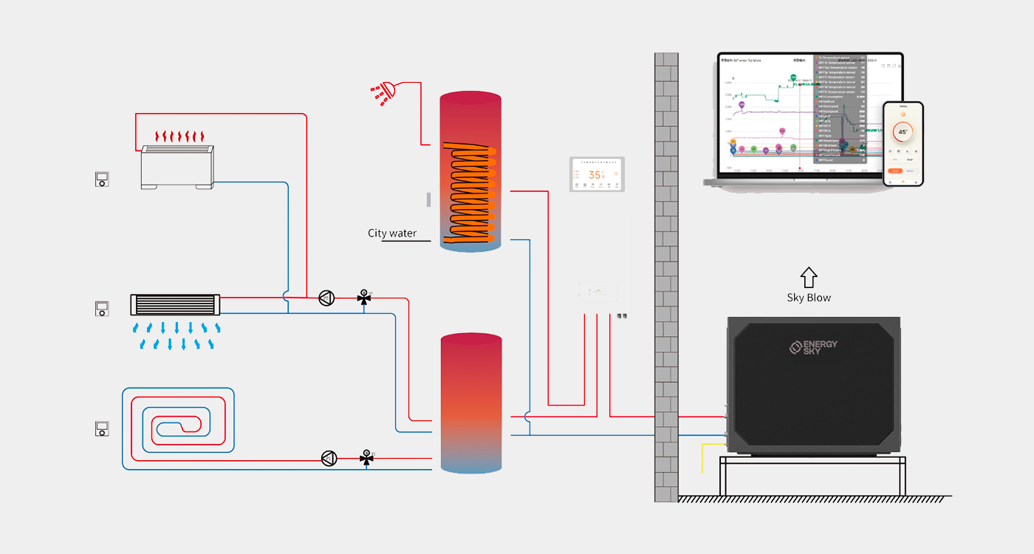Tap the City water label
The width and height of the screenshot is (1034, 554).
(392, 233)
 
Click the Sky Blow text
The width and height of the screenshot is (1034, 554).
(809, 298)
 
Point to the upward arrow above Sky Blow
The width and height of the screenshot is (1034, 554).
(809, 277)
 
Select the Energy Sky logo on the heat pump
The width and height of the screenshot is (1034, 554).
(813, 347)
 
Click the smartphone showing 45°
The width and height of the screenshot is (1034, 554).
(903, 143)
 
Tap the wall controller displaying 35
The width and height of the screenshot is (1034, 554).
(598, 174)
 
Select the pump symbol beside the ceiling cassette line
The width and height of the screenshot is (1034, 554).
(326, 298)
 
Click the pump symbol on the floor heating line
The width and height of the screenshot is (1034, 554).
(329, 458)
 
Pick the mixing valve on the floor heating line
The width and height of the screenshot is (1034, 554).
(366, 458)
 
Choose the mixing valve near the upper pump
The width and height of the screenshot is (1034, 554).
(363, 298)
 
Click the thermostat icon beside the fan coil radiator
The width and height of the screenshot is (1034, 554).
(102, 178)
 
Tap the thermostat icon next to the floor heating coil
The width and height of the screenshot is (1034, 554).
(102, 428)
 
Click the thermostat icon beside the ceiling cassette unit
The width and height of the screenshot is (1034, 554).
(102, 308)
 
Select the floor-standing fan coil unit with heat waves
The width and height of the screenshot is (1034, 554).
(178, 166)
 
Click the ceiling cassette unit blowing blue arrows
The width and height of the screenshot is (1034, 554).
(176, 304)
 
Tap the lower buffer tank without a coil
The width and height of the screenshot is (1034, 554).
(471, 403)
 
